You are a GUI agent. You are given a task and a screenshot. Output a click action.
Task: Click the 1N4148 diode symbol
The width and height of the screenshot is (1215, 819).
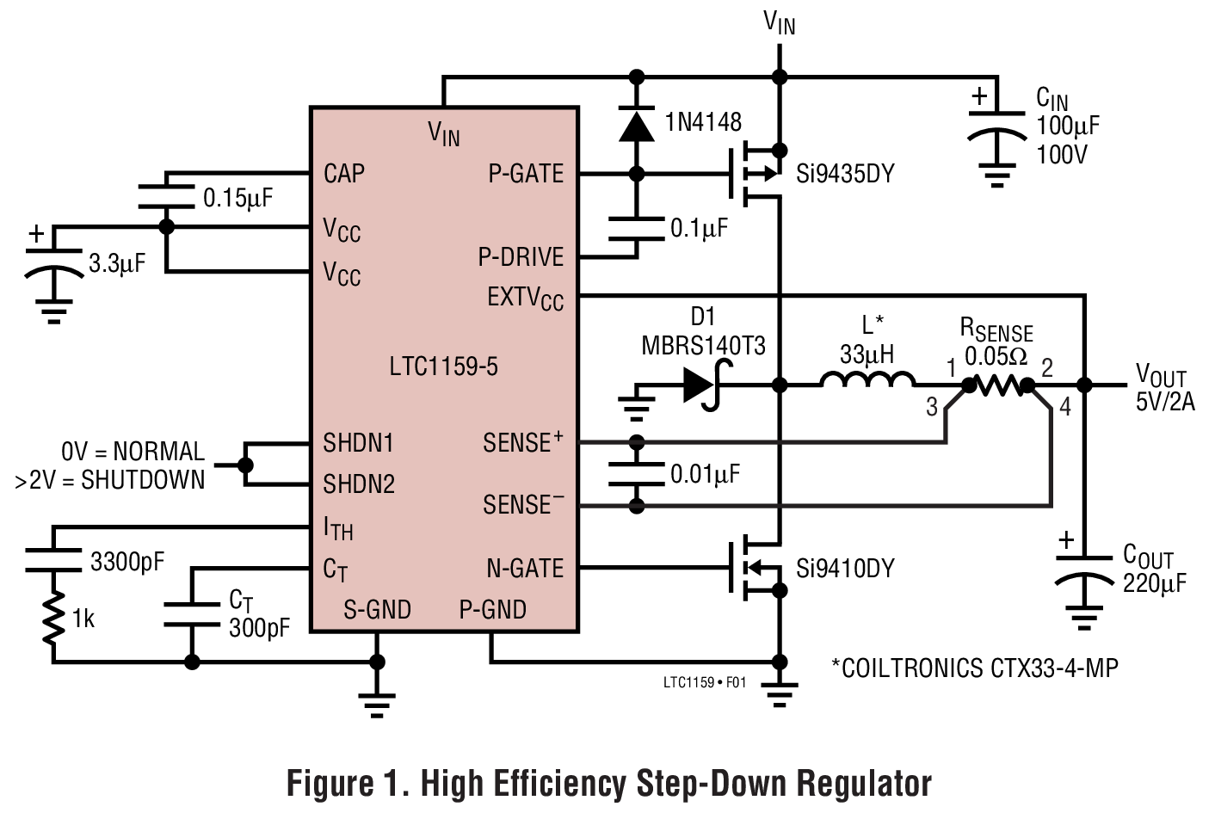point(637,126)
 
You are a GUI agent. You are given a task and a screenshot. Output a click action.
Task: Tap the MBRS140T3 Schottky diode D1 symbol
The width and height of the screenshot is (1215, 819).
point(699,385)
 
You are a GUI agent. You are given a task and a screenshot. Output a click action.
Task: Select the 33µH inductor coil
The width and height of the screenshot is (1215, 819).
point(867,379)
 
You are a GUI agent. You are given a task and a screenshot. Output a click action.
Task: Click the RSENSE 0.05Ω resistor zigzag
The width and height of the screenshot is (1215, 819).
point(998,386)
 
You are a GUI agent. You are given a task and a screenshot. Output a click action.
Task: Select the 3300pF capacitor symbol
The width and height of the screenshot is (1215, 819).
point(53,560)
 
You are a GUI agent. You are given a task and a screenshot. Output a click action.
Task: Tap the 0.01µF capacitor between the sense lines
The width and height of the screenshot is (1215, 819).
point(637,474)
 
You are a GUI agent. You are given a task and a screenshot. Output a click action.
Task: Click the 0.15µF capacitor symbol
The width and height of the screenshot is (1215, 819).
point(167,195)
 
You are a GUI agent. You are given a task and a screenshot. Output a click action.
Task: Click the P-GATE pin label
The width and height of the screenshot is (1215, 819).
point(526,174)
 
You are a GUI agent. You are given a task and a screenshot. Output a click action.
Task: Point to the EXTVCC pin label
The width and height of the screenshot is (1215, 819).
point(525,299)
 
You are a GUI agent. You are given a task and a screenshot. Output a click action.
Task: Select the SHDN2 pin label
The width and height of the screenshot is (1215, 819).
point(359,484)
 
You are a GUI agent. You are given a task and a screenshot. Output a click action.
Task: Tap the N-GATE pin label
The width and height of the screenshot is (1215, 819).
point(525,568)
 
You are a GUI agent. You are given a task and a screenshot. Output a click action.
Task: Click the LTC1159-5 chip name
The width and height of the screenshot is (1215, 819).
point(443,366)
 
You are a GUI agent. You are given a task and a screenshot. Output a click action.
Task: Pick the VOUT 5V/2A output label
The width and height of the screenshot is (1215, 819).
point(1164,388)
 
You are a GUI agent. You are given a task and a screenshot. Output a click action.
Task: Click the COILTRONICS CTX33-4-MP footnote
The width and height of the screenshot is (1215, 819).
point(974,668)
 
